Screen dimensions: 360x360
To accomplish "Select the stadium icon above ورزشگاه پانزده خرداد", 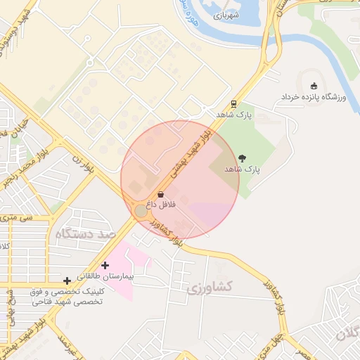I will [x=313, y=85].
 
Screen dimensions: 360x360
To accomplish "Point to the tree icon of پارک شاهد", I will [x=243, y=159].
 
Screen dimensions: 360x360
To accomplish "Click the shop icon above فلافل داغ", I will [x=161, y=194].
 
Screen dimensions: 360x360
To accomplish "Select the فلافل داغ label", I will [x=161, y=204].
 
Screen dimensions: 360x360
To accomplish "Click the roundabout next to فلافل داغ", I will [x=141, y=211].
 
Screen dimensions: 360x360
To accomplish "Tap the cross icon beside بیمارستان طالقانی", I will [x=105, y=265].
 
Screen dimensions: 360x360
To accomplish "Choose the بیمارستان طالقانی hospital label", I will [x=105, y=276].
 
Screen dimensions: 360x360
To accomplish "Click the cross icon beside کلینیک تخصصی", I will [x=67, y=281].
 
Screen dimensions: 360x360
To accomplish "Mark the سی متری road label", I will [x=18, y=218].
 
